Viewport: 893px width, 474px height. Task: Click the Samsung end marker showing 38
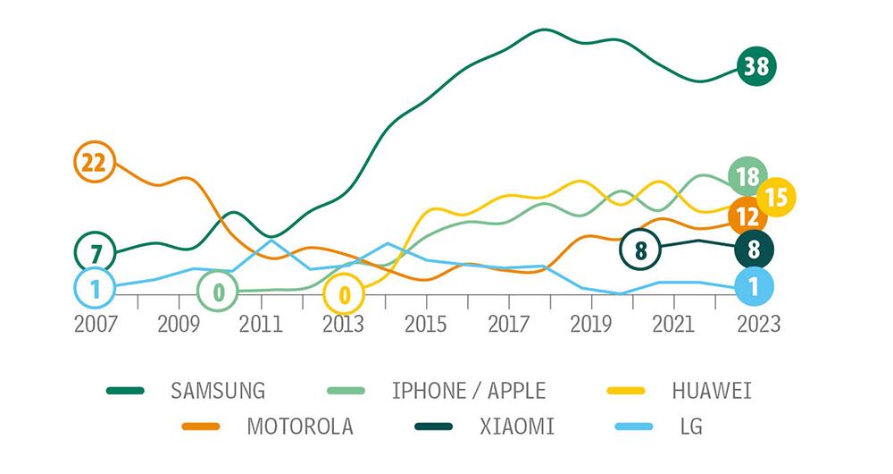(x=756, y=66)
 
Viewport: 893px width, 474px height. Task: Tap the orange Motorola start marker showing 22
(x=94, y=162)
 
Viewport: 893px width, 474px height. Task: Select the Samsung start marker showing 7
(x=96, y=253)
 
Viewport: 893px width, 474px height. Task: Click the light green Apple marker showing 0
(x=218, y=291)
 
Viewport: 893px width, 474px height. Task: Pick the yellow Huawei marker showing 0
(x=344, y=292)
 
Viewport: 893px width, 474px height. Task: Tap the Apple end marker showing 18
(x=748, y=176)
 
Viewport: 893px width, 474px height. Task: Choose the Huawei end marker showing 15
(x=776, y=198)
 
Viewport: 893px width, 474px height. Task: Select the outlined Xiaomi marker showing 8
(x=639, y=249)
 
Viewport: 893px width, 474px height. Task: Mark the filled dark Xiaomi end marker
(x=755, y=250)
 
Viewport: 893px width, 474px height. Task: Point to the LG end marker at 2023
(x=755, y=286)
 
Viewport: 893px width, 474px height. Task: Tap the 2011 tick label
(x=261, y=323)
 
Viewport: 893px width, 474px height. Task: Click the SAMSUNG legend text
(x=218, y=391)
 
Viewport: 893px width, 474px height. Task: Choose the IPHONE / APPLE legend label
(x=469, y=391)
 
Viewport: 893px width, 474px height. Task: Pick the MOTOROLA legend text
(x=300, y=427)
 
